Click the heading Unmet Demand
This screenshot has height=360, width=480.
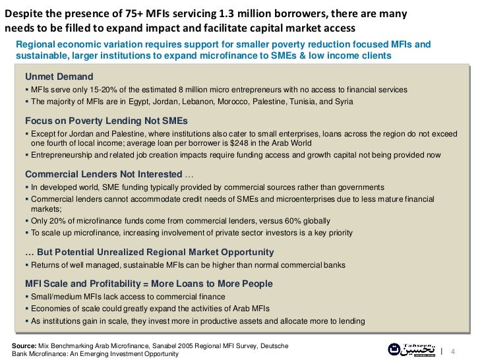59,76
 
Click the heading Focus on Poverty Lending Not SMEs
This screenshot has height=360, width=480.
106,121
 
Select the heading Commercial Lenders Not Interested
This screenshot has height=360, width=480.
104,174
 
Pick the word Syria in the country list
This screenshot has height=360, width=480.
343,102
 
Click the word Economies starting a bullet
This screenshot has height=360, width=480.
51,309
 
